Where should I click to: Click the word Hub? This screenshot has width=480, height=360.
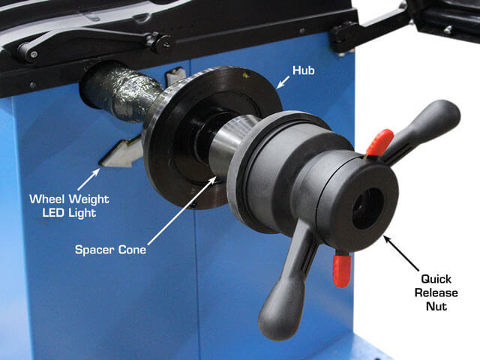pos(303,70)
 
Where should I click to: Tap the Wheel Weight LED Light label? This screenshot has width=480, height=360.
pos(69,205)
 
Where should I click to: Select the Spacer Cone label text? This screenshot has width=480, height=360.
pos(110,250)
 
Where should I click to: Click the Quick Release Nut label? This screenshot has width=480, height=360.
pos(436,292)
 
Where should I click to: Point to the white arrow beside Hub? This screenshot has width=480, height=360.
pos(283,82)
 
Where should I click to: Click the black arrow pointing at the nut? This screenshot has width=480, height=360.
pos(402,253)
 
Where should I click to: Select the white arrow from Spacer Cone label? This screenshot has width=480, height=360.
pos(182,210)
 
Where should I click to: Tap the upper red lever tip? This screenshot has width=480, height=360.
pos(380,142)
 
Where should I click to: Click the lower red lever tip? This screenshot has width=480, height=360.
pos(342,270)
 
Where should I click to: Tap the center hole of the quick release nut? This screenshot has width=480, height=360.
pos(367,208)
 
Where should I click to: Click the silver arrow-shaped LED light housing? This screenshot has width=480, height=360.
pos(121,152)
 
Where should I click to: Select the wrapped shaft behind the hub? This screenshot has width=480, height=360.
pos(122,91)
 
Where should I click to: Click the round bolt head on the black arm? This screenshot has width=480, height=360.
pos(33,54)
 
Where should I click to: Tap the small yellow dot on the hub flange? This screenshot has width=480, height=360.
pos(244,74)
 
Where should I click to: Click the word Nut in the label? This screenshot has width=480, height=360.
pos(436,306)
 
